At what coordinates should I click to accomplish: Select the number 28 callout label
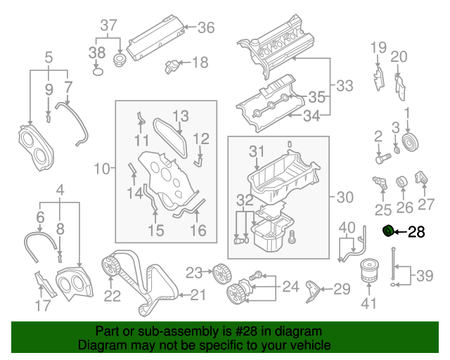(416, 231)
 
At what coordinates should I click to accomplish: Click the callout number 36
(205, 27)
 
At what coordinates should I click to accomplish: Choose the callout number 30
(345, 198)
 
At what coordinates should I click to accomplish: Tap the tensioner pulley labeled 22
(110, 266)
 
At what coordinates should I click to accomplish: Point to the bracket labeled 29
(314, 290)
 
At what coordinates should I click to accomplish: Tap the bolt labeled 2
(380, 158)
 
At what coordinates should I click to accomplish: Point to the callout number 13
(181, 115)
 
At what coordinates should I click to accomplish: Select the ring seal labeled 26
(404, 184)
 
